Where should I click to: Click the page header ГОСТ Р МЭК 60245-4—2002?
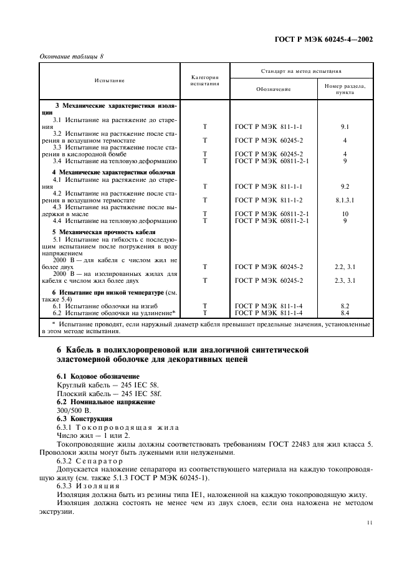pyautogui.click(x=323, y=39)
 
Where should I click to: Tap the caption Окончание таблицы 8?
pyautogui.click(x=72, y=56)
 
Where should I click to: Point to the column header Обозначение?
pyautogui.click(x=273, y=89)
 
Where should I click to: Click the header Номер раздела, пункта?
pyautogui.click(x=345, y=88)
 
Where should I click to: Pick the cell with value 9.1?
pyautogui.click(x=345, y=126)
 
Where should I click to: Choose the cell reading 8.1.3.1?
pyautogui.click(x=345, y=200)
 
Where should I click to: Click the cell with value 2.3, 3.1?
pyautogui.click(x=345, y=280)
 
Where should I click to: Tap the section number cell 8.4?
pyautogui.click(x=345, y=312)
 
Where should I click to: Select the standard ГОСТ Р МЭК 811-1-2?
pyautogui.click(x=269, y=200)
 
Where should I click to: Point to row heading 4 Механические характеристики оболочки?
pyautogui.click(x=113, y=172)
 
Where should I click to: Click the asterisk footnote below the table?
pyautogui.click(x=206, y=328)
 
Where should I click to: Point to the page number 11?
pyautogui.click(x=369, y=523)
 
